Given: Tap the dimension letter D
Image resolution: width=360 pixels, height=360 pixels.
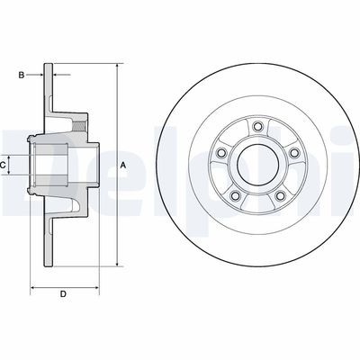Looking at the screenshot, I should (62, 293).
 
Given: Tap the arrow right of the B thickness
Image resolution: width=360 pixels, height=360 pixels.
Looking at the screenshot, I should (58, 76).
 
